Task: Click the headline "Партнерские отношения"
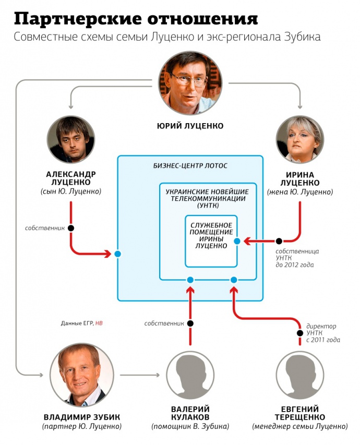pyautogui.click(x=136, y=19)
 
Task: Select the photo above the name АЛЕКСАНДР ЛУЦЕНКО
pyautogui.click(x=70, y=139)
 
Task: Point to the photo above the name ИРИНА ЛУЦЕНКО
pyautogui.click(x=300, y=139)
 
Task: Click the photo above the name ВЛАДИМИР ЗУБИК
pyautogui.click(x=82, y=375)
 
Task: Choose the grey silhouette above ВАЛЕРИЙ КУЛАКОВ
pyautogui.click(x=190, y=375)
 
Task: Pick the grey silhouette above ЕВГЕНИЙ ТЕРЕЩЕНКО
pyautogui.click(x=300, y=375)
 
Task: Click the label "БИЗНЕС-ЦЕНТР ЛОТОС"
pyautogui.click(x=190, y=166)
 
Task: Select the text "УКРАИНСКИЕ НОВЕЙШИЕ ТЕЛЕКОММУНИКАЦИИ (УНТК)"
pyautogui.click(x=208, y=199)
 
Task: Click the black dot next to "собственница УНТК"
pyautogui.click(x=279, y=241)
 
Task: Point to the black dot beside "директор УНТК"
pyautogui.click(x=300, y=333)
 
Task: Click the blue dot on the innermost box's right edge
pyautogui.click(x=237, y=241)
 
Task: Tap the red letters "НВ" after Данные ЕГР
pyautogui.click(x=99, y=323)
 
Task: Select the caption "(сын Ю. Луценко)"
pyautogui.click(x=70, y=192)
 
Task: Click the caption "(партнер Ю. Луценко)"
pyautogui.click(x=82, y=426)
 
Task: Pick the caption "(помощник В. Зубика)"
pyautogui.click(x=190, y=426)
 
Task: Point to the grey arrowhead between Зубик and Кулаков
pyautogui.click(x=158, y=375)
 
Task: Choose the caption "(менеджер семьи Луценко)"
pyautogui.click(x=300, y=426)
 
